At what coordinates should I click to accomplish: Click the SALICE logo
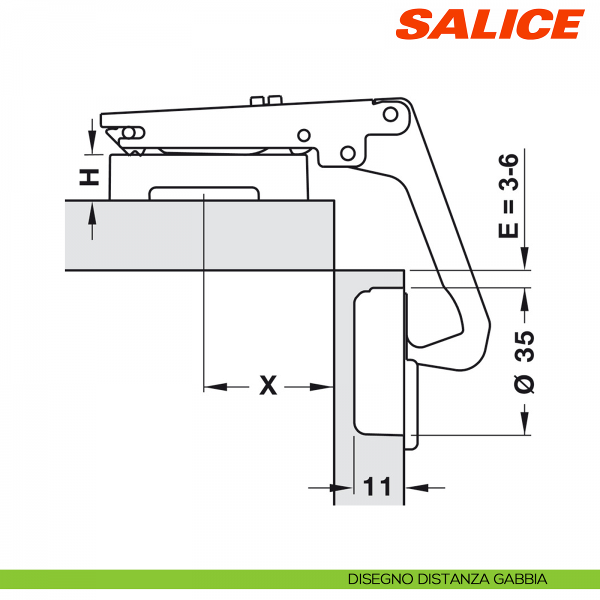pos(490,24)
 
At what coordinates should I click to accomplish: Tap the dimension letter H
pos(89,177)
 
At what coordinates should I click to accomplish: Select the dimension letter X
pos(268,385)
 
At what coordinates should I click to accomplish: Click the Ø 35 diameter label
pos(524,362)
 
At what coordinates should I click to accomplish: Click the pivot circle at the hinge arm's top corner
pos(390,114)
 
